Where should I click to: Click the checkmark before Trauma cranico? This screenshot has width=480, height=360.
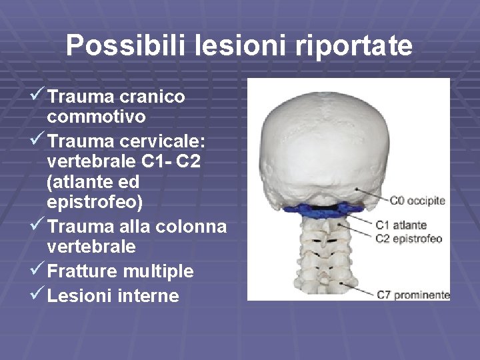point(38,96)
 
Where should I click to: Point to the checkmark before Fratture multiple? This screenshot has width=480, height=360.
point(38,271)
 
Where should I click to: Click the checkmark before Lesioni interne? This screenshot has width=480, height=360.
point(38,295)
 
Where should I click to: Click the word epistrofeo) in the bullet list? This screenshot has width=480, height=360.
point(95,201)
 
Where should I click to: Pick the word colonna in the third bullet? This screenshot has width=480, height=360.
point(191,227)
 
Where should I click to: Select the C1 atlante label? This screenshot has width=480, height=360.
point(401,225)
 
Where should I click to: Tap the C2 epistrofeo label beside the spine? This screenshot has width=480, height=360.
point(409,239)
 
